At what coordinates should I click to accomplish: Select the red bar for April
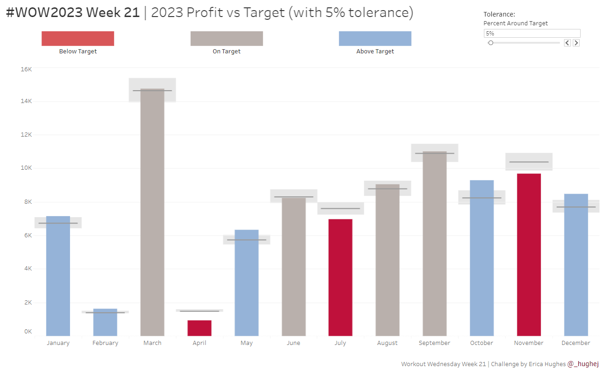coord(199,328)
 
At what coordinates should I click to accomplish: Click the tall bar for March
coord(152,212)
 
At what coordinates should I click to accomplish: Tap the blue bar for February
coord(105,322)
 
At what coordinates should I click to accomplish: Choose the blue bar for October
coord(482,258)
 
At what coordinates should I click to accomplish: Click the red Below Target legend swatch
coord(78,39)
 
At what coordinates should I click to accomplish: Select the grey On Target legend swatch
coord(227,39)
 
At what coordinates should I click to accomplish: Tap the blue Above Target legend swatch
coord(375,39)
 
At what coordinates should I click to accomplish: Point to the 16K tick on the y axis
coord(26,69)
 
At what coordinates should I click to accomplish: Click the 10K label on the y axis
coord(26,168)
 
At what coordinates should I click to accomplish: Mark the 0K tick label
coord(28,332)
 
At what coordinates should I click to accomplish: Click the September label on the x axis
coord(434,343)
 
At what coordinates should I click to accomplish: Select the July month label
coord(340,343)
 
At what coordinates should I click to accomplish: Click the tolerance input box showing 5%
coord(531,34)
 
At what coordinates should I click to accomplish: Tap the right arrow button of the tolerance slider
coord(576,43)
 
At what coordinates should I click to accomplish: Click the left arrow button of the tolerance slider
coord(567,43)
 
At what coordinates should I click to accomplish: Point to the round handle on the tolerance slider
coord(491,43)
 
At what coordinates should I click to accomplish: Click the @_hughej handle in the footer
coord(583,364)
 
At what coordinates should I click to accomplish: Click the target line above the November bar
coord(529,162)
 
